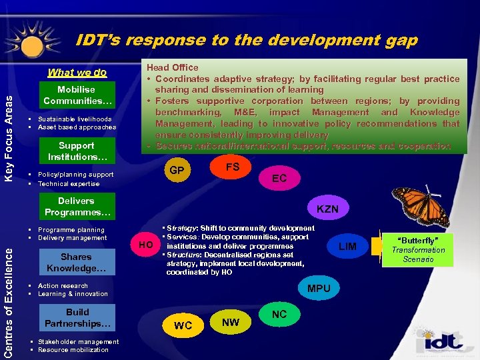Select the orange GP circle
177,171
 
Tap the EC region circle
279,178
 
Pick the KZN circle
327,209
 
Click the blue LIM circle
347,247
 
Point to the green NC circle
279,314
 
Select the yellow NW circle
231,323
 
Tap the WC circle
183,325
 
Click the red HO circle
145,245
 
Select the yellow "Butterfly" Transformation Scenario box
418,249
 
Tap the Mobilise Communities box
77,95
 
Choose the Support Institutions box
77,151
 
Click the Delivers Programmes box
77,207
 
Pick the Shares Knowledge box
77,262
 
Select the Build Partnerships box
77,318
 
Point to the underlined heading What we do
77,73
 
